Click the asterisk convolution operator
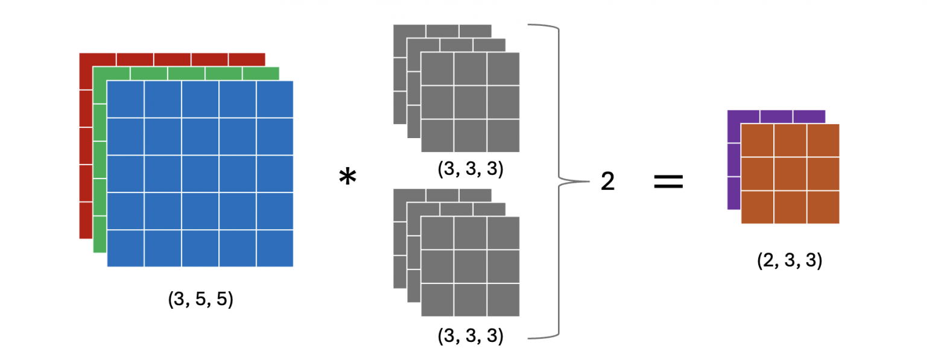[x=347, y=178]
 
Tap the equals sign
[x=669, y=182]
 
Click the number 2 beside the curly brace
[x=607, y=182]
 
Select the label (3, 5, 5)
[x=200, y=300]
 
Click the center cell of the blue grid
[x=200, y=174]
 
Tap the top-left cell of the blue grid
[x=125, y=99]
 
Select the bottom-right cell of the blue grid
[x=275, y=248]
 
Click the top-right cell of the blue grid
[x=275, y=99]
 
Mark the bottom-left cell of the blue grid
[x=125, y=248]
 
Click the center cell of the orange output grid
[x=790, y=174]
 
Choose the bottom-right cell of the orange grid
[x=823, y=207]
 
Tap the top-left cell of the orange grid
[x=757, y=141]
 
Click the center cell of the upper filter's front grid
[x=470, y=103]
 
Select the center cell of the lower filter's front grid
[x=470, y=267]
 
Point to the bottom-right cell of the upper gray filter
[x=503, y=136]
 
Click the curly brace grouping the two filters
[x=560, y=180]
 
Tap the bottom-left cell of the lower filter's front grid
[x=437, y=300]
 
